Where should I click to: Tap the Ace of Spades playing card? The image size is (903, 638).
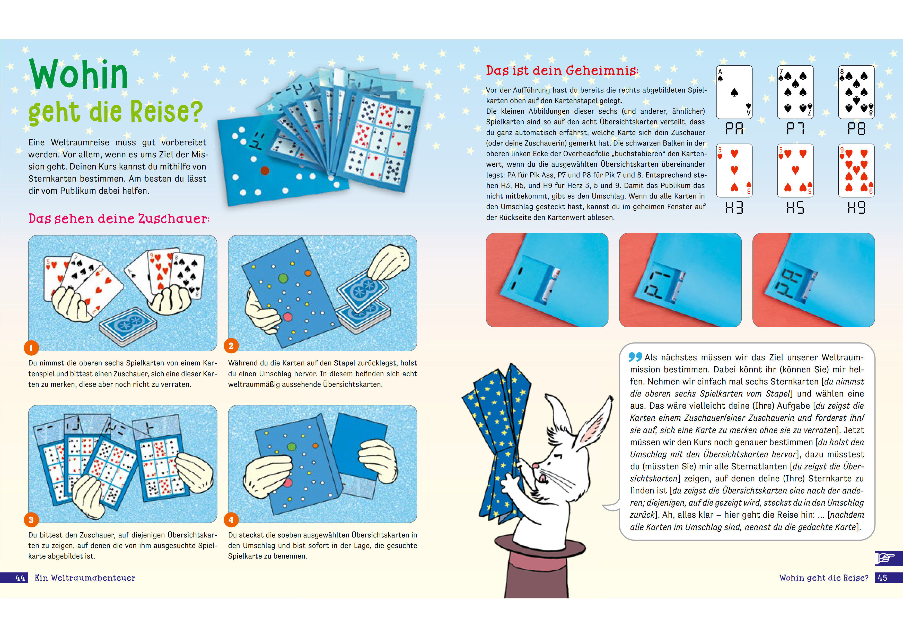coord(734,92)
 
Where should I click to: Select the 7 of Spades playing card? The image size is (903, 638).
coord(795,92)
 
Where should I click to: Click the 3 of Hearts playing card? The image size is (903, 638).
coord(734,170)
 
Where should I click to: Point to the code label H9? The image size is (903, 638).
coord(856,207)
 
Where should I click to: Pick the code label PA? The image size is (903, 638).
coord(734,128)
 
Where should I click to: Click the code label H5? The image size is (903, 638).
coord(795,207)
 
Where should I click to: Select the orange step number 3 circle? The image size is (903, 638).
coord(31,520)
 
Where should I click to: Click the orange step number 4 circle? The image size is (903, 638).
coord(231,520)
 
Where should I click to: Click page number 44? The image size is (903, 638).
coord(20,578)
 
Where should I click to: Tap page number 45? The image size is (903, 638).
coord(883,578)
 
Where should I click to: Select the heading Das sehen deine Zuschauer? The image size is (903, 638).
coord(119,219)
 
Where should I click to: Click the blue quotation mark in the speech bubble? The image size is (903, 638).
coord(635,356)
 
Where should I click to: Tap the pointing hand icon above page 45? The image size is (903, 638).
coord(886,558)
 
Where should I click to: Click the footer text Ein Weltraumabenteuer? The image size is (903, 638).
coord(85,578)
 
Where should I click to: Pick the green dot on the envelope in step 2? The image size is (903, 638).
coord(283,278)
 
